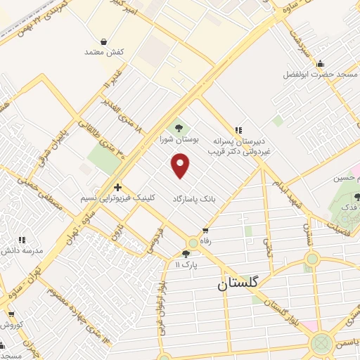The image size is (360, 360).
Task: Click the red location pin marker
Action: [x=181, y=166]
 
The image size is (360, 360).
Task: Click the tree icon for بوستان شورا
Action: [x=179, y=128]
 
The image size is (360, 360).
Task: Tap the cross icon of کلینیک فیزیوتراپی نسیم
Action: [x=117, y=187]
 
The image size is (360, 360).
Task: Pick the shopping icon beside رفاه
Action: [x=205, y=230]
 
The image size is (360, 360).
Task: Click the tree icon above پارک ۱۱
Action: [x=186, y=254]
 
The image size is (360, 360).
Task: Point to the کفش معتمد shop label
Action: [x=104, y=53]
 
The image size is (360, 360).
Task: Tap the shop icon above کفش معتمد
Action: [x=104, y=41]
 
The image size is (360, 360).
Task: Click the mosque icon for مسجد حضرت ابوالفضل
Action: [x=321, y=63]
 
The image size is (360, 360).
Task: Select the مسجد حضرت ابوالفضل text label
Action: [x=321, y=74]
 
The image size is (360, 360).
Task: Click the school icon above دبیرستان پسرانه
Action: [x=238, y=129]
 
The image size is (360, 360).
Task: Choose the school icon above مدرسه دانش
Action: [x=21, y=240]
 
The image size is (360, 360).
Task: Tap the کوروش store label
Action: [x=13, y=326]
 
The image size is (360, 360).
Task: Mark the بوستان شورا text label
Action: [x=179, y=139]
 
